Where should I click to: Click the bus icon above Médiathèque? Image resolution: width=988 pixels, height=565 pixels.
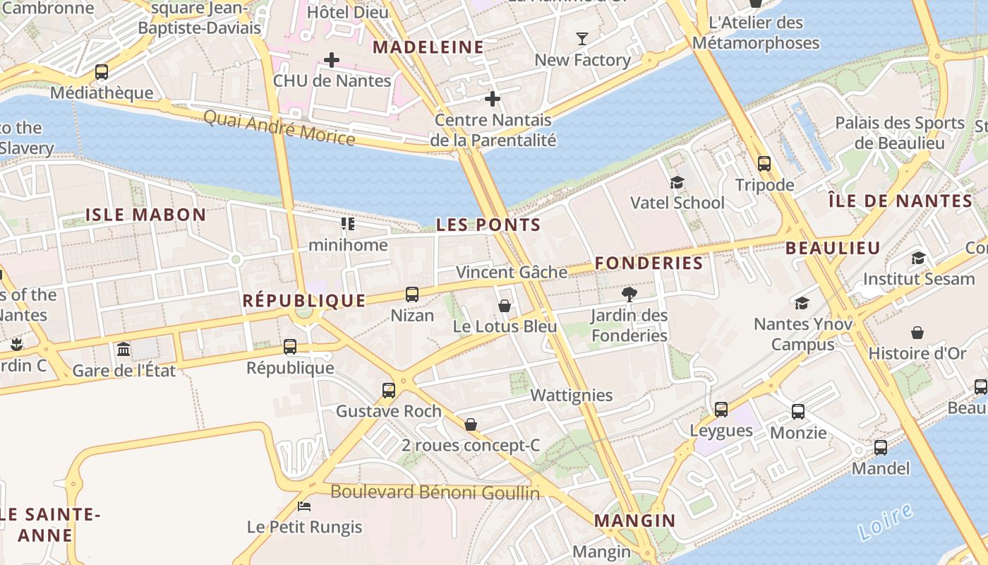coord(102,71)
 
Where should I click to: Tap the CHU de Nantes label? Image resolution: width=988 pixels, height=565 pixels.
coord(332,81)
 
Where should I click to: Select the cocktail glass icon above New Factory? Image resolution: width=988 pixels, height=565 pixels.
coord(582,38)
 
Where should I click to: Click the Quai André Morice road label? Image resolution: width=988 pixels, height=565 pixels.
coord(279,127)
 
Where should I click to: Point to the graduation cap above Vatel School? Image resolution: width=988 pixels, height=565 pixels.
coord(677,182)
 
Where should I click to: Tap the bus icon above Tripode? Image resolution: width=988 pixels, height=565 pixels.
coord(764,164)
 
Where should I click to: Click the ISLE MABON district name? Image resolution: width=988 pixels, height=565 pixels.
coord(145,215)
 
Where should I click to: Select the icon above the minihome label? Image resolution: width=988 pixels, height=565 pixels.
coord(348,224)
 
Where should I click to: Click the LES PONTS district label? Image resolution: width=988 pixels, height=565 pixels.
coord(488,225)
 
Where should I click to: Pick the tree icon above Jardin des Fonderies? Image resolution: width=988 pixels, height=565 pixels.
coord(629,294)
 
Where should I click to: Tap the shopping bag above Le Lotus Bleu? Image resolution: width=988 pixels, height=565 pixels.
coord(505,306)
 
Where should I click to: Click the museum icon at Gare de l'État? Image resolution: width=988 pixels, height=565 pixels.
coord(123,349)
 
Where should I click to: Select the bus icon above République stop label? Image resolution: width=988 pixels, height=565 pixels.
coord(290,347)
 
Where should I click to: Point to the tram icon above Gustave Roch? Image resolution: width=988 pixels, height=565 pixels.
coord(388,390)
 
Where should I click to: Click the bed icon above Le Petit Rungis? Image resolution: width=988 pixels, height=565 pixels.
coord(304,506)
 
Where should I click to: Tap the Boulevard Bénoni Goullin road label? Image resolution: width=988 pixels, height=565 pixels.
coord(435,492)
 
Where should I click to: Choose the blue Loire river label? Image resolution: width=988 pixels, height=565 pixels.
coord(886,522)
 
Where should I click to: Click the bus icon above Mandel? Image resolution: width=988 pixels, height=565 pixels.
coord(881,447)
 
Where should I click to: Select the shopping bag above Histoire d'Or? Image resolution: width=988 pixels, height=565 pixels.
coord(917,332)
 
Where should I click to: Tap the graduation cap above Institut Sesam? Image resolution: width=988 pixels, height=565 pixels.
coord(918,258)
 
